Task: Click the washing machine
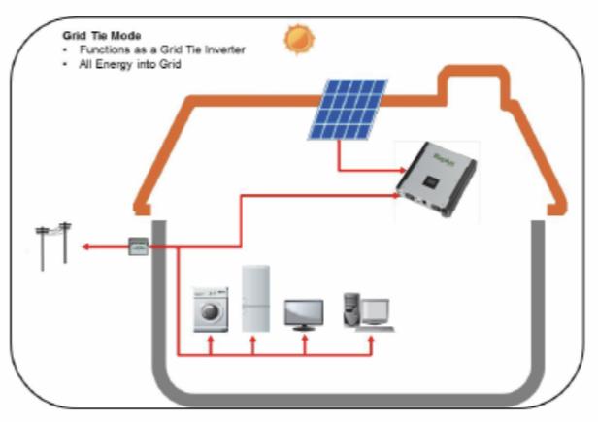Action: tap(210, 309)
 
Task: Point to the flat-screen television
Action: tap(304, 313)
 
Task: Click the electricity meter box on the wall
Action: tap(139, 246)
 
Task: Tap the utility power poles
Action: tap(53, 243)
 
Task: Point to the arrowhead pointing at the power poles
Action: tap(85, 247)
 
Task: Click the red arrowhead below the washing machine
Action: tap(210, 341)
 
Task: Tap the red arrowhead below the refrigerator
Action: tap(253, 341)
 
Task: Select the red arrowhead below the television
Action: tap(304, 340)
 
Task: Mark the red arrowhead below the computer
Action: tap(370, 340)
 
